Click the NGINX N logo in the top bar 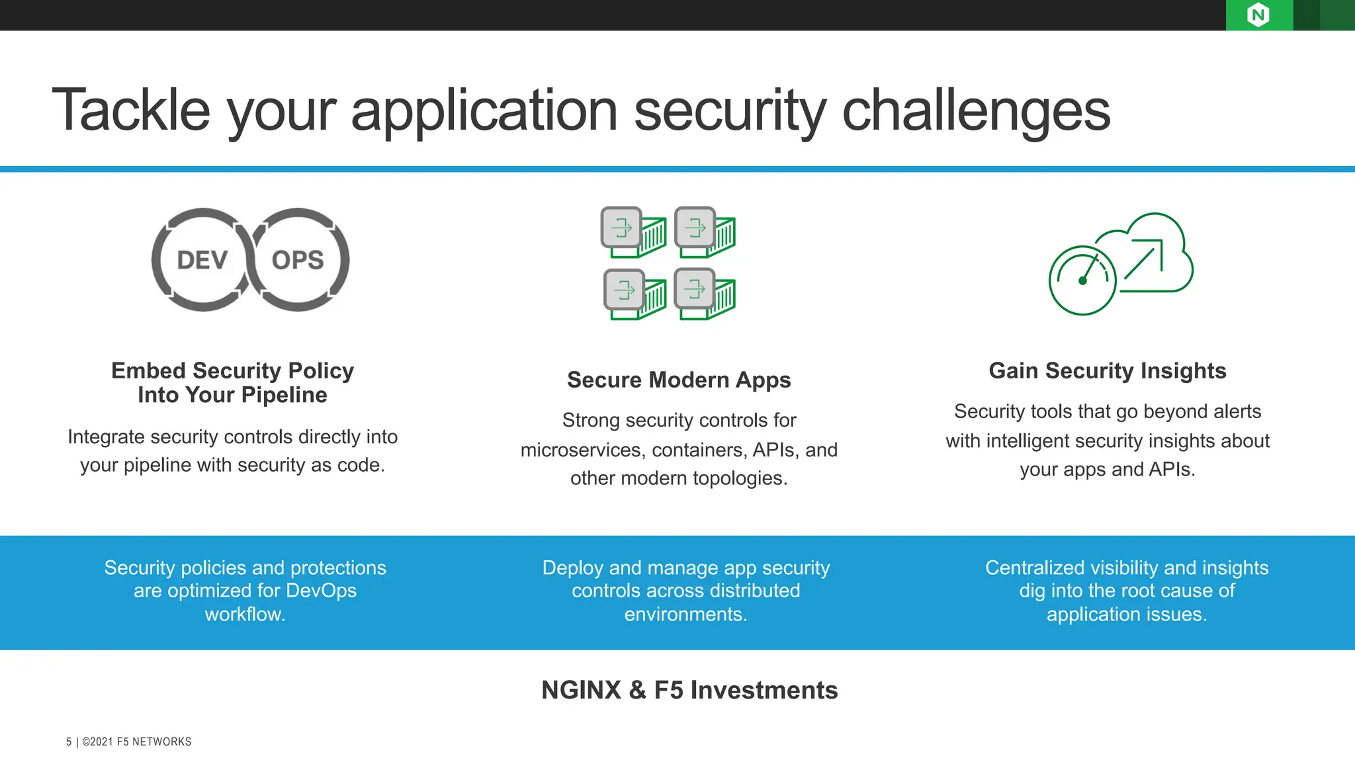coord(1258,15)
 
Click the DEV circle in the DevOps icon coord(202,260)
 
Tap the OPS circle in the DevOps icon coord(298,260)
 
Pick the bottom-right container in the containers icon coord(705,294)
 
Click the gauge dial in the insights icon coord(1082,280)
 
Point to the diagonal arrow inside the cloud coord(1143,259)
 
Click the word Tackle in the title coord(130,110)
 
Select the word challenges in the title coord(976,111)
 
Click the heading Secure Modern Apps coord(679,380)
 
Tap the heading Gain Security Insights coord(1107,370)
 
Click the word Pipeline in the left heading coord(284,395)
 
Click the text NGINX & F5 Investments coord(689,690)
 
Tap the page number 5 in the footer coord(69,741)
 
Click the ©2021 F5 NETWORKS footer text coord(137,741)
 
